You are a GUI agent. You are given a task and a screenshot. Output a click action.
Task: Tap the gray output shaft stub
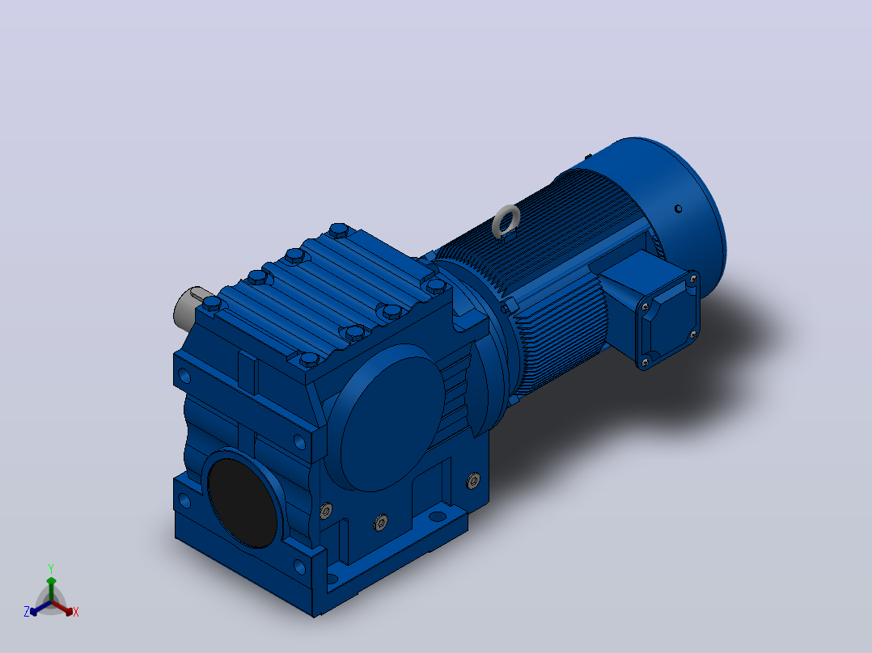click(187, 307)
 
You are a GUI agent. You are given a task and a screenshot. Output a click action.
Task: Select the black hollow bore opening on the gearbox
click(243, 503)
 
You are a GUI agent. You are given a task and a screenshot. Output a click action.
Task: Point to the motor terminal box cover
click(667, 320)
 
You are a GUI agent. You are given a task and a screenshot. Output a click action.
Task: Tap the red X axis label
click(76, 612)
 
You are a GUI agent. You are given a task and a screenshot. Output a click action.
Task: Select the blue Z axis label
click(26, 611)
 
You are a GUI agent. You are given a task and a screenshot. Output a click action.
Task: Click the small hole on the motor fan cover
click(678, 209)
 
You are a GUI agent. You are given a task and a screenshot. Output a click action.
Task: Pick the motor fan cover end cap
click(667, 205)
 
